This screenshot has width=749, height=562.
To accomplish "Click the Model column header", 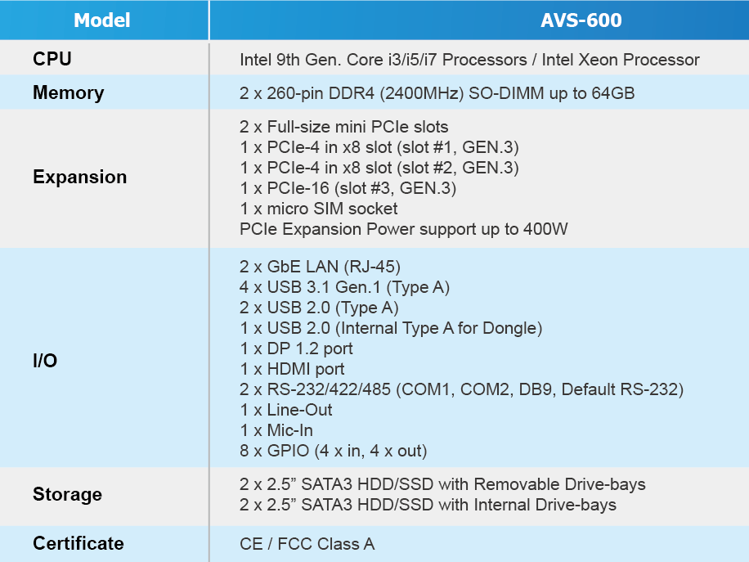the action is click(101, 20).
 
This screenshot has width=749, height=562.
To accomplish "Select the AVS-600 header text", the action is click(581, 20).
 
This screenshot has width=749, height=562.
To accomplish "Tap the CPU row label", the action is click(52, 59).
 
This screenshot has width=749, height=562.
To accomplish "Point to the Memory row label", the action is click(69, 92).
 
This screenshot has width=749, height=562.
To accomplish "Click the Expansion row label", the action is click(80, 177).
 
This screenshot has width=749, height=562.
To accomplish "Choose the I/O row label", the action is click(45, 360).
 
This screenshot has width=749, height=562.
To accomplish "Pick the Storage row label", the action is click(67, 494).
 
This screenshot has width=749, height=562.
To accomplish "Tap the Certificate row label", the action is click(78, 543).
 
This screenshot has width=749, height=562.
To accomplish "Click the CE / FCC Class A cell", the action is click(307, 544).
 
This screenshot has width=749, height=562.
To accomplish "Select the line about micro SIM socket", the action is click(319, 209).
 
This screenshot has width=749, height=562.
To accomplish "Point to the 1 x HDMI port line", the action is click(292, 369).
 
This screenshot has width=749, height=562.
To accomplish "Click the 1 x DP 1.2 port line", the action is click(296, 348).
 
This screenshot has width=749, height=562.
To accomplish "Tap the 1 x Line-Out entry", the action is click(286, 410).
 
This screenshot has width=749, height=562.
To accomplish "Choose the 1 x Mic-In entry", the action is click(276, 430).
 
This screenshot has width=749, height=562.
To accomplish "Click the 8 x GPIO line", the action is click(334, 451).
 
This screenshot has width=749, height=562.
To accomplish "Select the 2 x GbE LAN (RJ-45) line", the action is click(320, 267).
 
